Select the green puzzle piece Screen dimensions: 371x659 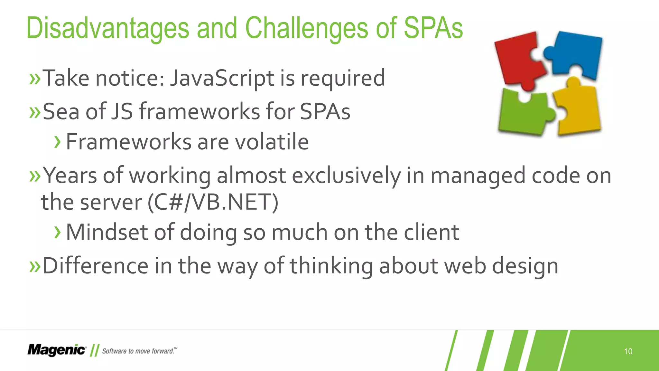[x=523, y=113]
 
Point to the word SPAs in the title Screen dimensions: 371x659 [x=433, y=28]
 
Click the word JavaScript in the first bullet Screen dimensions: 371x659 [x=222, y=78]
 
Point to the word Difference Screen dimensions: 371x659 [x=95, y=266]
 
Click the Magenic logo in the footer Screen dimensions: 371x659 [x=57, y=350]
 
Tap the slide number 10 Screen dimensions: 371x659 [x=628, y=351]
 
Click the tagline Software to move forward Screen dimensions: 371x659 [x=139, y=351]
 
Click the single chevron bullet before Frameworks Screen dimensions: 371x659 [x=58, y=142]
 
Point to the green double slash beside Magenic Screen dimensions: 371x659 [x=94, y=350]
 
